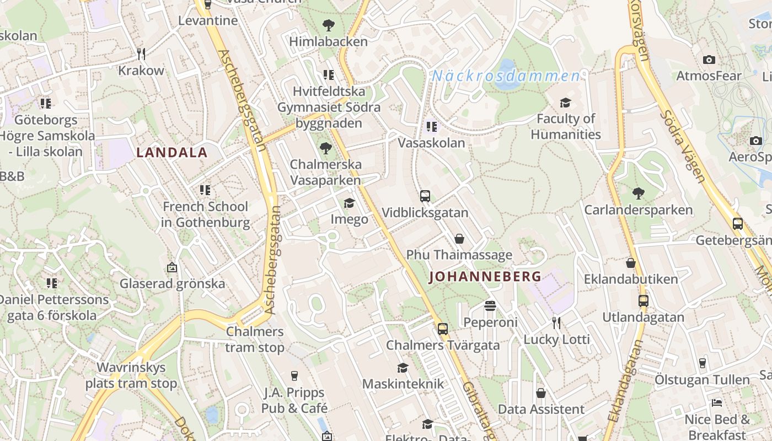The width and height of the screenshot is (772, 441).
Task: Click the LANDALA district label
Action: tap(171, 153)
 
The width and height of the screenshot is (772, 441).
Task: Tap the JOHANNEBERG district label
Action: tap(485, 277)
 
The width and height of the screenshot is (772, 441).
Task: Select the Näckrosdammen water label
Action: tap(506, 76)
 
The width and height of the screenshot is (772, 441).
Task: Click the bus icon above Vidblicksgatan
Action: tap(425, 196)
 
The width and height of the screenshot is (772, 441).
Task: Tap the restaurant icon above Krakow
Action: tap(141, 53)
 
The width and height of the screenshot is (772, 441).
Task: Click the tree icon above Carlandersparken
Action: tap(638, 193)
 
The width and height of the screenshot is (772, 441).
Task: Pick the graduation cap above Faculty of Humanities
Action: tap(565, 103)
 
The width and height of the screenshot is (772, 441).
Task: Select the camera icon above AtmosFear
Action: tap(709, 60)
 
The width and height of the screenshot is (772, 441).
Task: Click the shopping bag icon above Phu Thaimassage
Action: tap(459, 239)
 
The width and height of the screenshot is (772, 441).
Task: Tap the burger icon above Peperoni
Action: tap(490, 305)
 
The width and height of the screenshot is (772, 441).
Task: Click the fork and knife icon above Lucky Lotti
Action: tap(556, 323)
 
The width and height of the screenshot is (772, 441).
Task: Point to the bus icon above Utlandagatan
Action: tap(643, 301)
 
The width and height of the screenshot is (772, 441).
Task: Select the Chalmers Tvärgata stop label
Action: tap(443, 345)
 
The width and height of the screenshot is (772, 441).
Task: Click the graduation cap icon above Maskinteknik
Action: tap(403, 368)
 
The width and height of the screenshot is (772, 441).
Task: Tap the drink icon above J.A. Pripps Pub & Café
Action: tap(294, 376)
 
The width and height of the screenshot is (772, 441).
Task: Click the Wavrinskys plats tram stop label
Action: tap(131, 375)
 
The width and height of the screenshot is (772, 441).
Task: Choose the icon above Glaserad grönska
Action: tap(172, 268)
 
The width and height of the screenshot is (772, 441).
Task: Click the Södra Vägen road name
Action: tap(683, 146)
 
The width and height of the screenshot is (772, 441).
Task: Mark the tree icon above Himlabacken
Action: tap(328, 25)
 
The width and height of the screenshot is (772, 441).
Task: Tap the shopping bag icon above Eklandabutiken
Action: tap(631, 263)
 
